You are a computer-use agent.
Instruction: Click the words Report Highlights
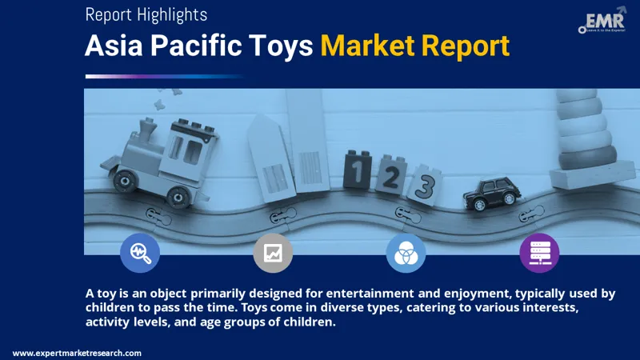(x=146, y=14)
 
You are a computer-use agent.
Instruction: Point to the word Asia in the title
(x=114, y=46)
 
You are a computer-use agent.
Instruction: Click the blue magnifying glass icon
(x=140, y=254)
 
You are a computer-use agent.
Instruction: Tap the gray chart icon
(x=273, y=254)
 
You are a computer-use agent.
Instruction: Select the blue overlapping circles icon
(x=406, y=254)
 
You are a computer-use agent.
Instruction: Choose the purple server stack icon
(x=539, y=254)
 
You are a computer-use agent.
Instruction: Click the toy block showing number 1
(x=357, y=169)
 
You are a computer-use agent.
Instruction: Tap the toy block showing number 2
(x=390, y=176)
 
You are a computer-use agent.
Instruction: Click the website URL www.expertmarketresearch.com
(x=77, y=353)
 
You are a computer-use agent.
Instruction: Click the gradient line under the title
(x=164, y=76)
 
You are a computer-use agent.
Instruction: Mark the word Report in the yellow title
(x=467, y=46)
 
